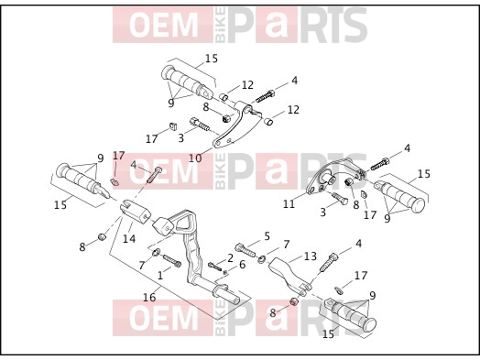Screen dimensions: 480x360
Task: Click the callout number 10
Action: (195, 158)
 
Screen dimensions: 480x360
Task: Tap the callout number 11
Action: (289, 204)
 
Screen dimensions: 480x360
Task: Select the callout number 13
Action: (311, 256)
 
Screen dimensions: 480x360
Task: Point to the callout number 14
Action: (129, 238)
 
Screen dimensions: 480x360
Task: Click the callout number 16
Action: (149, 297)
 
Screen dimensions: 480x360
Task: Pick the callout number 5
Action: (267, 236)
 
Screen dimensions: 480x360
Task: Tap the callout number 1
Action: (159, 275)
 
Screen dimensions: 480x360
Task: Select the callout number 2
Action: (230, 258)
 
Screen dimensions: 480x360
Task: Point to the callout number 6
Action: (242, 265)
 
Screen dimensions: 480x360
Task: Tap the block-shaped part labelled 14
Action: (135, 211)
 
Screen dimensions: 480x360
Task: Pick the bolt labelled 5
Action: (245, 249)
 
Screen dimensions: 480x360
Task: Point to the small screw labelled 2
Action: (214, 266)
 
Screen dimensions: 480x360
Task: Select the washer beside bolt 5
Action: (262, 259)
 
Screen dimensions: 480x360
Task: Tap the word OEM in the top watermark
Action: (163, 25)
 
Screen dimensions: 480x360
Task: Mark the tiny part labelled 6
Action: (225, 272)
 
